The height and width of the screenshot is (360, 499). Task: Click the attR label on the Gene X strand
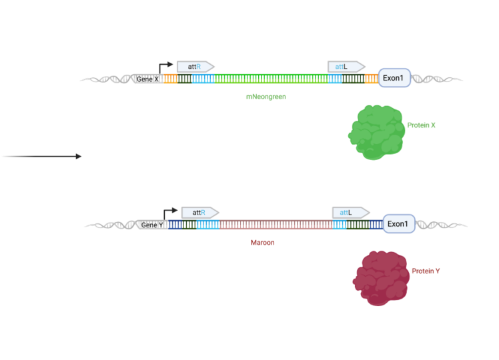click(x=195, y=66)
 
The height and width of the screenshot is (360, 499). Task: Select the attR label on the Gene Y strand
click(x=199, y=213)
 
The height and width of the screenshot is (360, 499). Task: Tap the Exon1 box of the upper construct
click(x=394, y=78)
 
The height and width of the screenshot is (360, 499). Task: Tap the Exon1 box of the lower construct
click(x=398, y=223)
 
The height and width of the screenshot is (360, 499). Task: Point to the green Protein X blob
click(x=377, y=132)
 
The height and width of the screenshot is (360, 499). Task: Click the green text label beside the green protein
click(x=422, y=125)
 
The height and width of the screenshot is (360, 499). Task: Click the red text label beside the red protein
click(x=426, y=271)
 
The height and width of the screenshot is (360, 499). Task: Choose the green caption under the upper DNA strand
click(x=266, y=97)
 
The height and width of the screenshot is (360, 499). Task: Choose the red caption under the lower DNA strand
click(x=262, y=243)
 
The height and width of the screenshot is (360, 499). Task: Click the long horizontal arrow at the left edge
click(x=41, y=157)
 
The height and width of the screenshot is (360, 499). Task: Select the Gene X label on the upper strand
click(x=148, y=79)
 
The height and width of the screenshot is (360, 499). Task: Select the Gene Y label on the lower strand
click(x=153, y=225)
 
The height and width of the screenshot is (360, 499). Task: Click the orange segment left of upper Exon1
click(x=371, y=79)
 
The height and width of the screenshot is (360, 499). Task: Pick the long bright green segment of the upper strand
click(x=267, y=79)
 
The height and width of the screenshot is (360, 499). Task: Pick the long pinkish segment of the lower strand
click(x=274, y=225)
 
